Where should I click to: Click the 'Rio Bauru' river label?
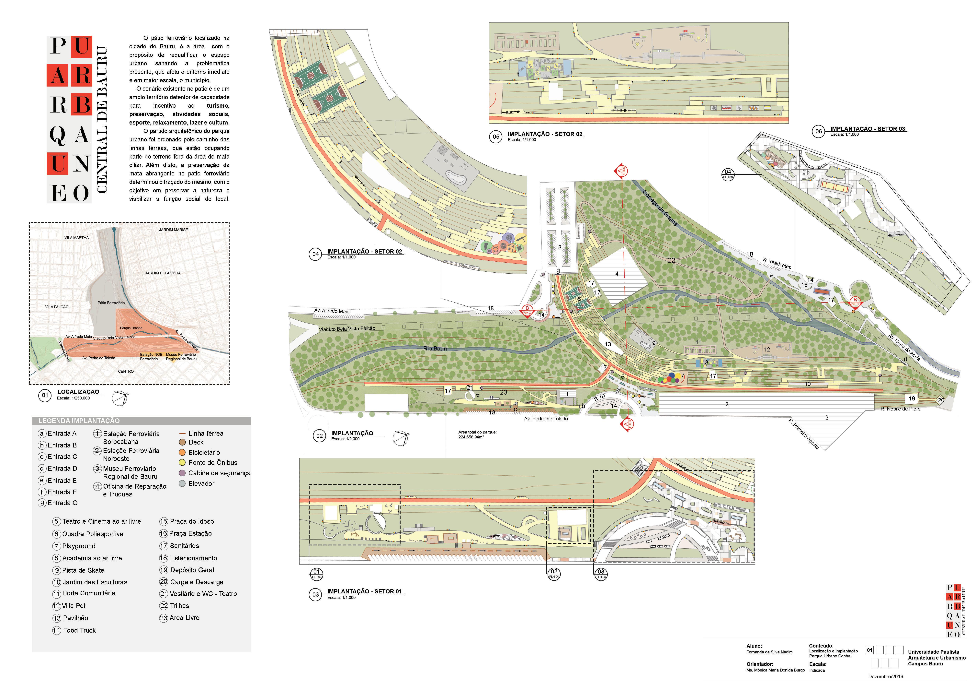[x=436, y=348]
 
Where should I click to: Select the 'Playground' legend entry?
[x=79, y=546]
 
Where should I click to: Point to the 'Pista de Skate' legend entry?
[x=83, y=570]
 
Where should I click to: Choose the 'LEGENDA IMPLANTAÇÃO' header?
[x=79, y=421]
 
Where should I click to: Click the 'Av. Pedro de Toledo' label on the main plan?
[x=546, y=419]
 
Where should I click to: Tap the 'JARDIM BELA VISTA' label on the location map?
[x=163, y=273]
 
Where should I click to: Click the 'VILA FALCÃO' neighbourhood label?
[x=57, y=307]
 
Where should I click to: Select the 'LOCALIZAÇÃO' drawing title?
[x=78, y=392]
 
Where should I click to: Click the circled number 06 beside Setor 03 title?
[x=818, y=131]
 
